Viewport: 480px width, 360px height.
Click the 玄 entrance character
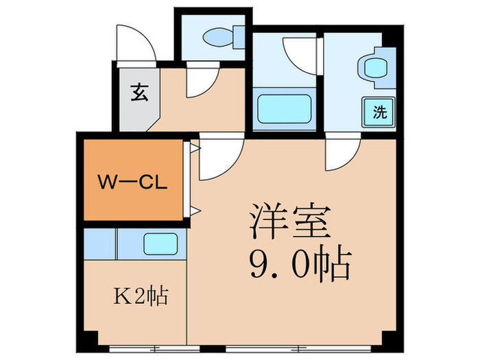click(x=139, y=92)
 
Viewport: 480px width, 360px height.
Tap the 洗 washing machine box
click(x=379, y=112)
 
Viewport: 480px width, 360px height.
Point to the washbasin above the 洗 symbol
click(x=374, y=69)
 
